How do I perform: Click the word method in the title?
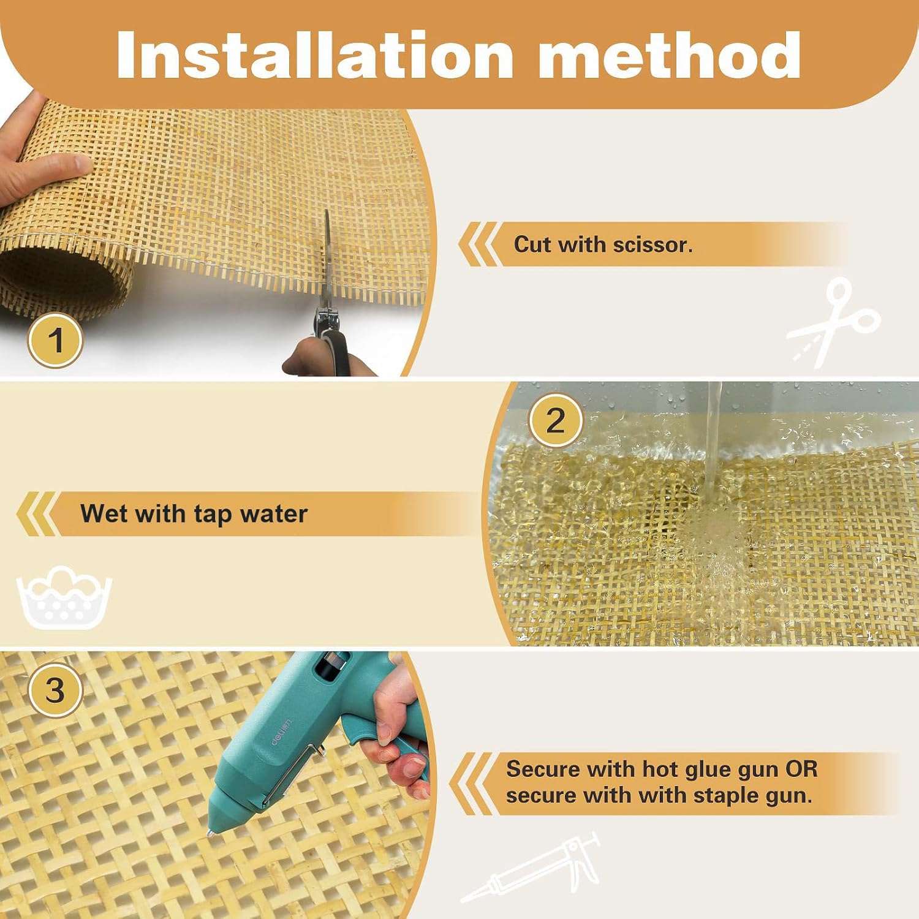[x=669, y=55]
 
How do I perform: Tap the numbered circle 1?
[x=55, y=340]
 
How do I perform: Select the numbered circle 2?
[x=555, y=421]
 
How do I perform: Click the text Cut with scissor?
[x=603, y=244]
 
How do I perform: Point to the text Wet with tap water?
[x=194, y=513]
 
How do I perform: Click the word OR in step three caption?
[x=801, y=768]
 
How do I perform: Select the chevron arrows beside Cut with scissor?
[x=480, y=244]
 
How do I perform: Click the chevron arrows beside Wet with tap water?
[x=37, y=513]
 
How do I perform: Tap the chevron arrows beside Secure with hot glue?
[x=471, y=784]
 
